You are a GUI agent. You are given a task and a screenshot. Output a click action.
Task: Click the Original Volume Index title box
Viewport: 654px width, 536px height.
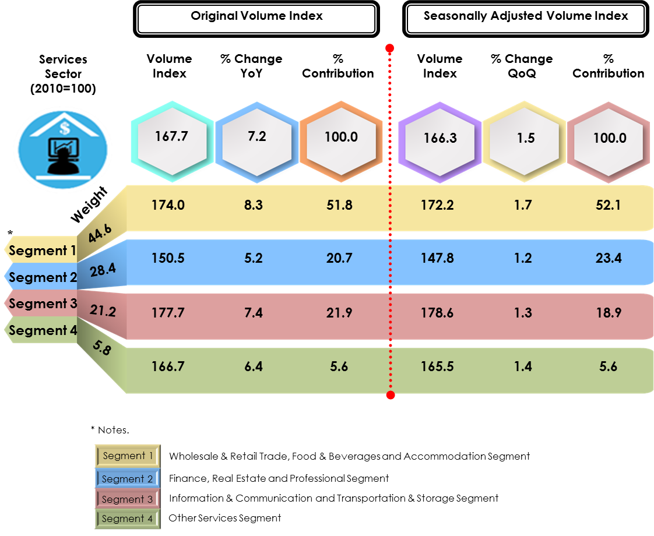coord(256,17)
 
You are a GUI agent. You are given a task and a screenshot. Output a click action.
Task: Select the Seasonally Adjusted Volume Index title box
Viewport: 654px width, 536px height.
coord(525,17)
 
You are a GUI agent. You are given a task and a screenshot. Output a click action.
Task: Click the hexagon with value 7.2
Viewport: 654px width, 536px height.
coord(257,137)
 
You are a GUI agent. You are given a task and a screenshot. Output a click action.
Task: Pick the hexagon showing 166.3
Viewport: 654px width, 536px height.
coord(440,139)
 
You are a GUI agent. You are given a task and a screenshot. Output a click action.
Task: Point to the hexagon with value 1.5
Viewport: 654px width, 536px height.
coord(525,139)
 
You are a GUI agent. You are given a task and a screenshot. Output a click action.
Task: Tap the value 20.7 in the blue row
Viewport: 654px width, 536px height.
coord(339,258)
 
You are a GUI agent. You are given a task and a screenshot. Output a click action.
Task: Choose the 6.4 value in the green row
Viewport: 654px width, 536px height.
coord(254,366)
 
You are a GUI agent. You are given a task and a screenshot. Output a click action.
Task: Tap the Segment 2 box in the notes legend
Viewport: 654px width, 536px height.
coord(127,479)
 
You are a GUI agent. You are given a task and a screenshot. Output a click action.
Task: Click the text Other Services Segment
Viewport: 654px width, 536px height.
coord(225,518)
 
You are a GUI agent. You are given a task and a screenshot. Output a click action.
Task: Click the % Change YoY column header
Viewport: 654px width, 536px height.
coord(251,66)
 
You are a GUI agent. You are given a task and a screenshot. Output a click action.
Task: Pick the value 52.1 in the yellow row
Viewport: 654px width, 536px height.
coord(609,205)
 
